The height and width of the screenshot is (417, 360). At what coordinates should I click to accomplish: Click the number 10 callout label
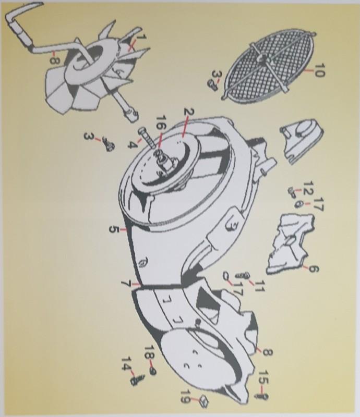pyautogui.click(x=319, y=70)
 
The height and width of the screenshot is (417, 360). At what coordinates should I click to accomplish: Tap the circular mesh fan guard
pyautogui.click(x=268, y=66)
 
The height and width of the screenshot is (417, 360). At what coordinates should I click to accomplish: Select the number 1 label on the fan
pyautogui.click(x=142, y=36)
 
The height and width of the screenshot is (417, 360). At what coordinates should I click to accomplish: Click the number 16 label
pyautogui.click(x=161, y=122)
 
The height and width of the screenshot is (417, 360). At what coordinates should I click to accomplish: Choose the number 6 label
pyautogui.click(x=313, y=269)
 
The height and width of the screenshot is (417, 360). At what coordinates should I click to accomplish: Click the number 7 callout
pyautogui.click(x=125, y=284)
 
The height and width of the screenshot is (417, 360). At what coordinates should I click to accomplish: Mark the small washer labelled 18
pyautogui.click(x=153, y=372)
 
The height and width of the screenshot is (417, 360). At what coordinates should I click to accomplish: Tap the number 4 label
pyautogui.click(x=132, y=145)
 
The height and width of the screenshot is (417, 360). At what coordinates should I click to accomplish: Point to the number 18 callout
pyautogui.click(x=149, y=353)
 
